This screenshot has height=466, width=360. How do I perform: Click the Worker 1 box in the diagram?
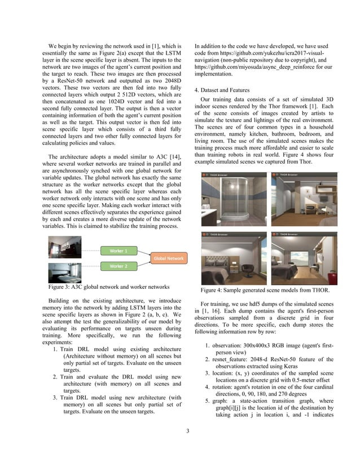pyautogui.click(x=118, y=250)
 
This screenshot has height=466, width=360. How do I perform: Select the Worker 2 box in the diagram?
pyautogui.click(x=118, y=265)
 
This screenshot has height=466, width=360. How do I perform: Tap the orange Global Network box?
pyautogui.click(x=168, y=258)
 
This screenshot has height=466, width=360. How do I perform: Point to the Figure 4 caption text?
pyautogui.click(x=265, y=290)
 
